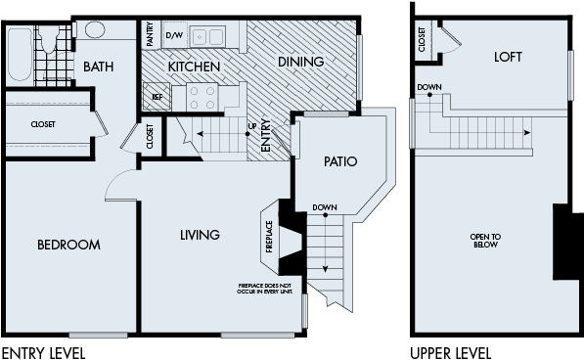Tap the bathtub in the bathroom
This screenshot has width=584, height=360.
point(19,55)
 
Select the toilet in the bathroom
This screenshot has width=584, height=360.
point(48,42)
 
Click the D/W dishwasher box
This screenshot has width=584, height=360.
point(174,36)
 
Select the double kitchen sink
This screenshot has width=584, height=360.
point(207,36)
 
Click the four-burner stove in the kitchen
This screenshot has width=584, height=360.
point(202,96)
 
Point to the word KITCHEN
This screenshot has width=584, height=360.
point(193,67)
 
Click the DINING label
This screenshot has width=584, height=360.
point(299,62)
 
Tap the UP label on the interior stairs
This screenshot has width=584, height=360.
point(251,127)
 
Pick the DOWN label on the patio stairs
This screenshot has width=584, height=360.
point(325,208)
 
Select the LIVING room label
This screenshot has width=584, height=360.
point(200,235)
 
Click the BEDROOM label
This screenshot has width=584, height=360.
point(68,245)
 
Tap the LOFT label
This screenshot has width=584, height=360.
point(508,58)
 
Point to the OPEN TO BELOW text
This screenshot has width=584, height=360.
point(485,241)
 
